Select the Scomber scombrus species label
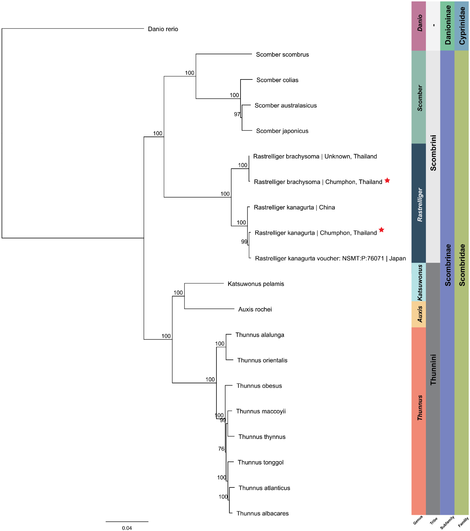pyautogui.click(x=282, y=55)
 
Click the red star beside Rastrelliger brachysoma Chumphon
pyautogui.click(x=387, y=180)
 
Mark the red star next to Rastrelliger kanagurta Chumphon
pyautogui.click(x=381, y=230)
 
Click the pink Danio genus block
pyautogui.click(x=418, y=26)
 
